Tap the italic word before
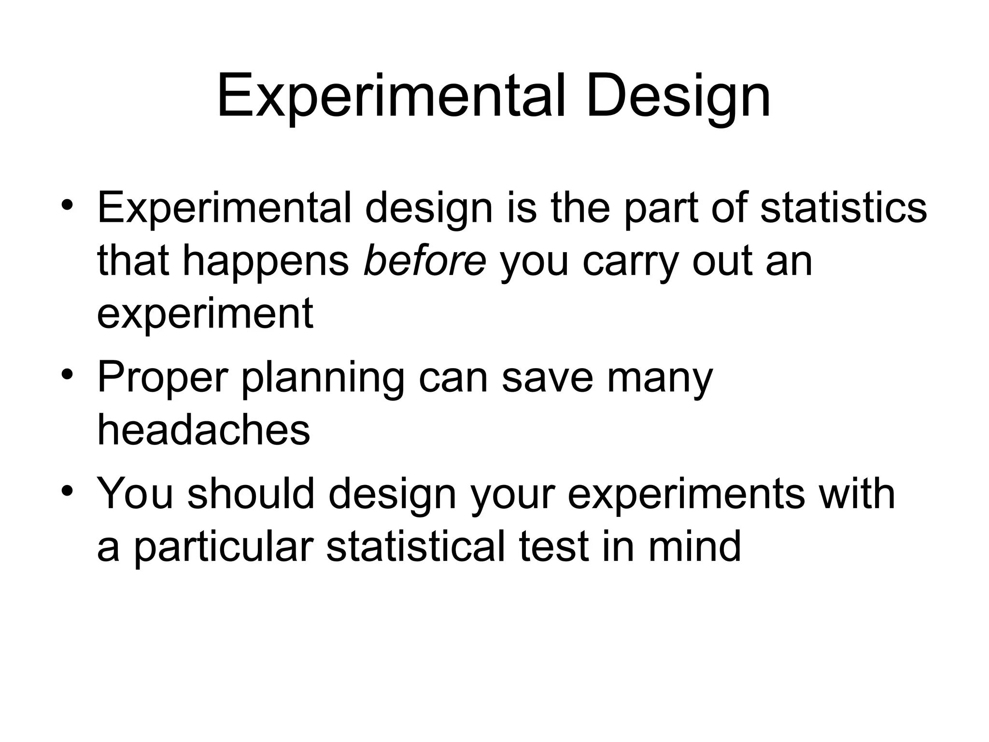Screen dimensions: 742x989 pos(424,260)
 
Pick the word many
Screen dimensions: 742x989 pos(660,378)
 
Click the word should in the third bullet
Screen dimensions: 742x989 pos(251,493)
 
